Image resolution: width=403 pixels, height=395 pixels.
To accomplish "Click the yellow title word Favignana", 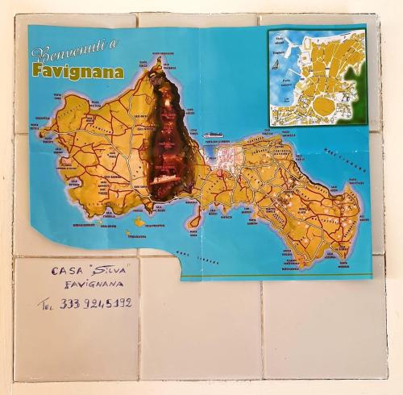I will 78,71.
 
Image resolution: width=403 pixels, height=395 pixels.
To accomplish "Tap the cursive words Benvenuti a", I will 74,52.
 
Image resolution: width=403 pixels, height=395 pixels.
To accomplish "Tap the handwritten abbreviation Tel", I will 47,305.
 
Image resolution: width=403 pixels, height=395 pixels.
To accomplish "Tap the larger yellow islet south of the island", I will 139,221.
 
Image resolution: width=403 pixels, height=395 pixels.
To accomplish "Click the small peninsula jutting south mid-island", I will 194,218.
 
